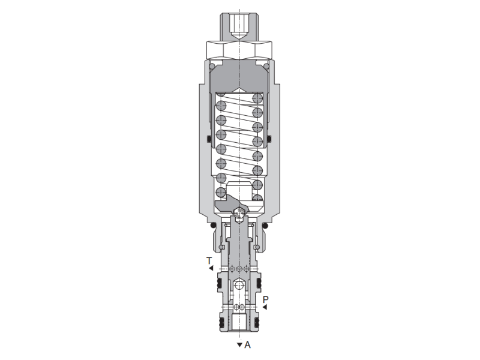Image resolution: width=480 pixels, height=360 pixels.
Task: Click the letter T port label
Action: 209,261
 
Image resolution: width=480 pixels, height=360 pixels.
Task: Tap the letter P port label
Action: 266,299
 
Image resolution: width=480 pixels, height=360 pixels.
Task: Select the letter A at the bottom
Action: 247,345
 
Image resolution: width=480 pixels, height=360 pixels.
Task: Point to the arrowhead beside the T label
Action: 211,268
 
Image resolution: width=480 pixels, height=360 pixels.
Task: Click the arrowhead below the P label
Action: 265,307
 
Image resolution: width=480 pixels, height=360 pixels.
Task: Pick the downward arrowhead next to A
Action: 239,345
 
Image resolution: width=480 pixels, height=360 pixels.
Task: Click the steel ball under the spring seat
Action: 239,212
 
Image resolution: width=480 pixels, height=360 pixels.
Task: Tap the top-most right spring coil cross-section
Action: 257,98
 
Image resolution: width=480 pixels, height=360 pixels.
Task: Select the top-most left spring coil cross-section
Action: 221,106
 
